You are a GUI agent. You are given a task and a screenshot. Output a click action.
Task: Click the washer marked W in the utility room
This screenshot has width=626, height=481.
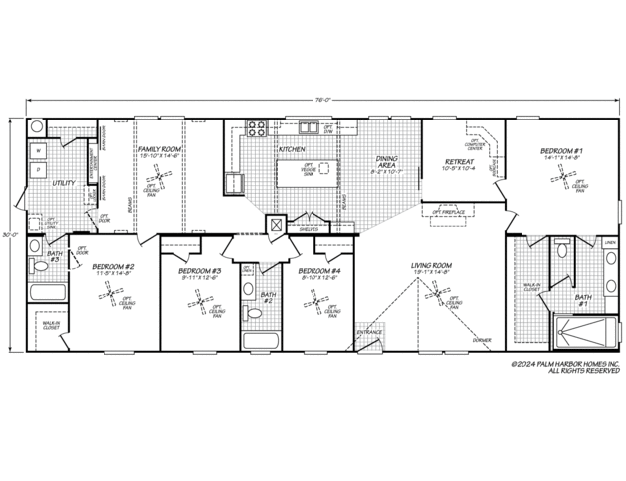[x=40, y=150]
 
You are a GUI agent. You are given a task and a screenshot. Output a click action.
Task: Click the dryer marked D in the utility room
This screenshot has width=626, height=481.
[x=40, y=170]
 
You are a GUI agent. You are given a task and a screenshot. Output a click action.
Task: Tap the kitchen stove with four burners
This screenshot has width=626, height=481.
[x=255, y=128]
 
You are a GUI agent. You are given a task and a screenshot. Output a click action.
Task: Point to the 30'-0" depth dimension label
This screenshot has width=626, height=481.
[x=9, y=234]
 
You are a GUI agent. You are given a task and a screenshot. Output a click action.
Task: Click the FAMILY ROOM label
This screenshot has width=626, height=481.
[x=158, y=151]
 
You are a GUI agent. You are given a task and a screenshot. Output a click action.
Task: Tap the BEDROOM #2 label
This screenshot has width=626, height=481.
[x=114, y=269]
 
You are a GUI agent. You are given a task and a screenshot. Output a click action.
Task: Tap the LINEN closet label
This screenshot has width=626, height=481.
[x=610, y=241]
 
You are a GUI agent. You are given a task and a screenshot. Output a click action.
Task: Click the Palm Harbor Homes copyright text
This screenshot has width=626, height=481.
[x=566, y=369]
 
